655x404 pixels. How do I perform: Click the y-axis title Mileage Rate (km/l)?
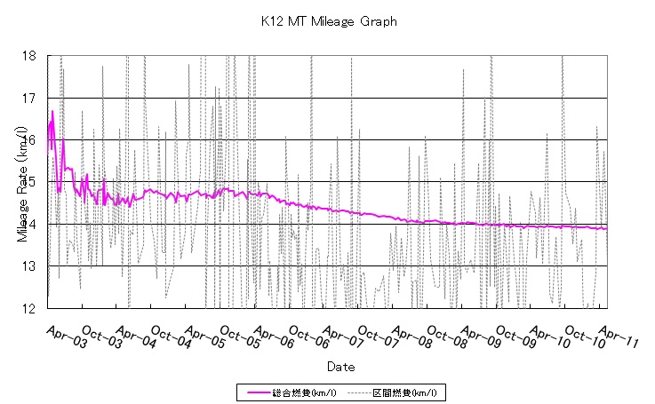(21, 181)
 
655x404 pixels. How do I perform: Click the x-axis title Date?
(340, 366)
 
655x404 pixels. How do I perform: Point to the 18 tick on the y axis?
(29, 56)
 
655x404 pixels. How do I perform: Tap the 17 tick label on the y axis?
(29, 98)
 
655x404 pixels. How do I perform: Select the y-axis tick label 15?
(29, 182)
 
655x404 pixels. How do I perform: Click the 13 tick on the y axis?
(29, 266)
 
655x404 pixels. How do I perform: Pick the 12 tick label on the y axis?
(29, 308)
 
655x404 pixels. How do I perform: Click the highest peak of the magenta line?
(52, 111)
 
